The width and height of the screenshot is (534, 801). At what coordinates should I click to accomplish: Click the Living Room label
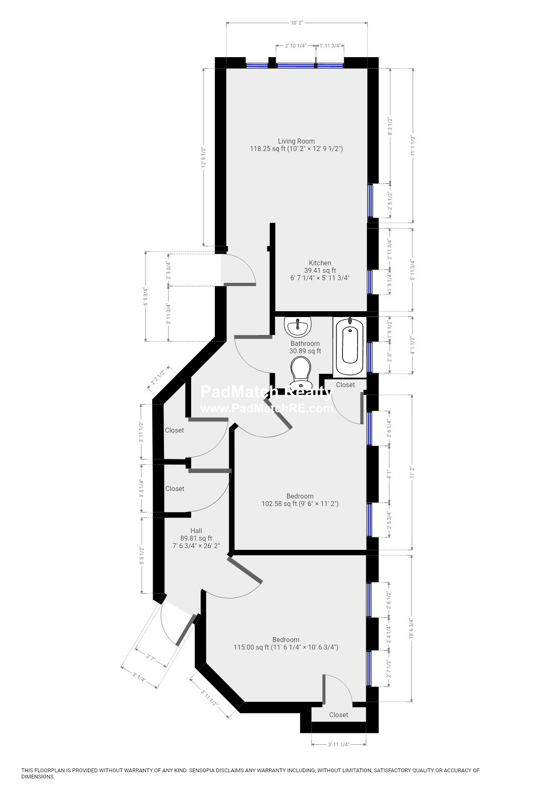296,141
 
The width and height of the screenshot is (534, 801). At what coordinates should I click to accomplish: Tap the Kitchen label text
320,263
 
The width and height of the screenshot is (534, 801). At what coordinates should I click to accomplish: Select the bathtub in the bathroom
350,346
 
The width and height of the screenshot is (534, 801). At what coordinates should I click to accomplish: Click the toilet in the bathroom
300,374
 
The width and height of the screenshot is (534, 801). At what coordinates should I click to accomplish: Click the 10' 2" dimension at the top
297,23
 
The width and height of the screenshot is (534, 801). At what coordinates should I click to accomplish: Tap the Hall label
196,531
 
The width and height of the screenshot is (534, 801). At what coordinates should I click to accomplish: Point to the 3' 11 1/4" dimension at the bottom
339,744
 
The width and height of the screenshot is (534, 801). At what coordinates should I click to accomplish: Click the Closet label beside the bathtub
345,385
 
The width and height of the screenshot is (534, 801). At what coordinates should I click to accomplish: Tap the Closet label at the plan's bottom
338,715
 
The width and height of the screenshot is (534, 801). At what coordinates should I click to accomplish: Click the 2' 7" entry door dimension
151,658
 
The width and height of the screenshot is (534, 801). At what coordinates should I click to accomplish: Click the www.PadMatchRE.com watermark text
267,408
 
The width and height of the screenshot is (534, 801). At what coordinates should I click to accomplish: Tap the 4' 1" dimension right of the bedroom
389,475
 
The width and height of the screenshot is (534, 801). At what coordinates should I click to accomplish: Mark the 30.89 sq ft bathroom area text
305,351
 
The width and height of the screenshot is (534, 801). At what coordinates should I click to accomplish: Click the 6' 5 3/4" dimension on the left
146,296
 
